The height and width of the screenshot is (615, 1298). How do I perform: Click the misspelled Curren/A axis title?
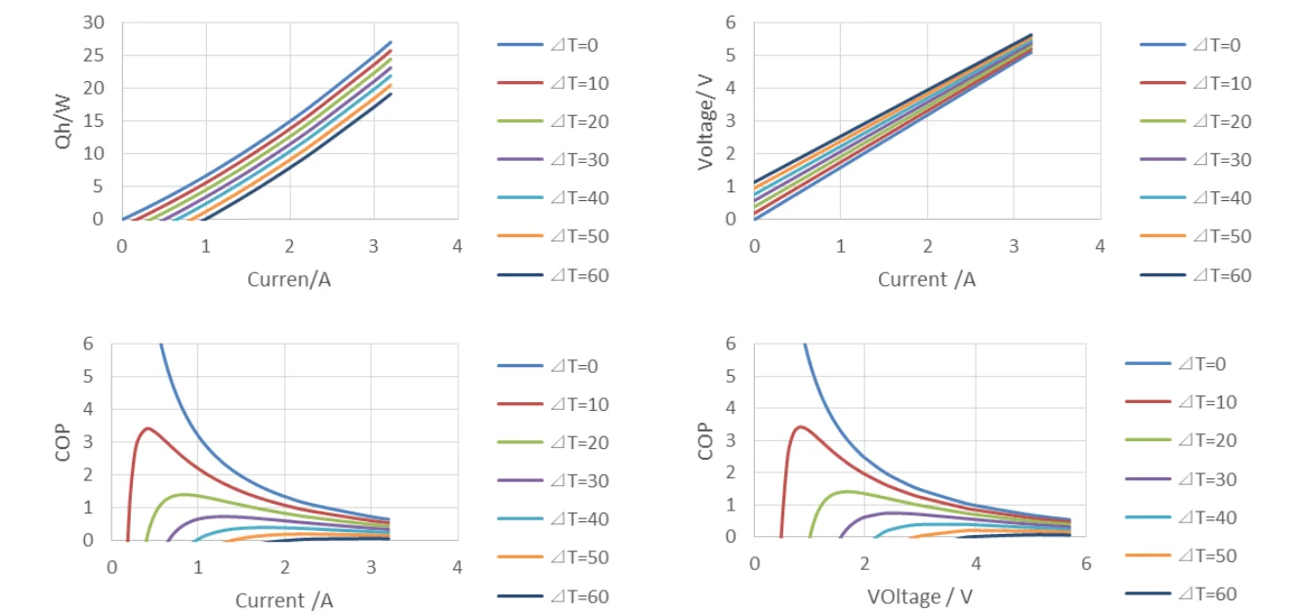289,279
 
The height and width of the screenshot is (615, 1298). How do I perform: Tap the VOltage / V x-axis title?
919,594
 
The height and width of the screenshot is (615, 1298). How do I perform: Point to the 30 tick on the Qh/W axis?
93,22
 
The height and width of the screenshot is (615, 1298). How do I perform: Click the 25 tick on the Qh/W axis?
93,56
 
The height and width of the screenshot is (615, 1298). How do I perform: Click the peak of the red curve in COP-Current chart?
147,429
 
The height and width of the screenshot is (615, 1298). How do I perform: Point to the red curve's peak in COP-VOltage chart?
801,427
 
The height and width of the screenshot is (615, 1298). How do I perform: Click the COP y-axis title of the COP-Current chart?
64,441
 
